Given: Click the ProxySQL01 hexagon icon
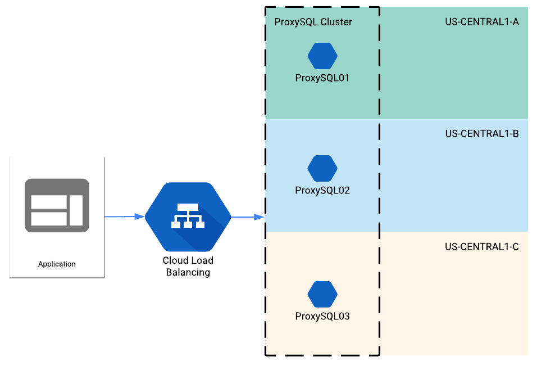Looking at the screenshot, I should [x=322, y=56].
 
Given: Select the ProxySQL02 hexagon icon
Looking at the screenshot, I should [x=322, y=168].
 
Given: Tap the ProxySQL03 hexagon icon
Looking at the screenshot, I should [x=322, y=294].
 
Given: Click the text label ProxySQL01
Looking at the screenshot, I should [x=322, y=78].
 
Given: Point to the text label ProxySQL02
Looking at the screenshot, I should [x=322, y=191].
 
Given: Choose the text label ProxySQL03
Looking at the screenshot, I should [x=322, y=317].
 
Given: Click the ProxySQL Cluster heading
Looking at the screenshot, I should [x=313, y=22].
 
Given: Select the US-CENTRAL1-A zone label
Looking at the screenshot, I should [x=481, y=22].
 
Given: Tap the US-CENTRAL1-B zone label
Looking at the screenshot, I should [x=481, y=134].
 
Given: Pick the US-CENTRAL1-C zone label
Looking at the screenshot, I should [x=481, y=246].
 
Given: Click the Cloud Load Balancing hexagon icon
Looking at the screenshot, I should [x=188, y=217].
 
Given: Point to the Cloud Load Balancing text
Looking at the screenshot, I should [x=188, y=267].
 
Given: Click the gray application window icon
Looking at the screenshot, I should [x=57, y=205].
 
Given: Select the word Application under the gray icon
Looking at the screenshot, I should [x=57, y=264].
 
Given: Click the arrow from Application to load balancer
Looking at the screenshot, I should [x=124, y=217].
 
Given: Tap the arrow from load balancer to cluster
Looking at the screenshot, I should [x=248, y=217].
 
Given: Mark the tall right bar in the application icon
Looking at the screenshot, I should [x=76, y=210].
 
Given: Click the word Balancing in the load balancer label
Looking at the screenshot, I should [x=188, y=273].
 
